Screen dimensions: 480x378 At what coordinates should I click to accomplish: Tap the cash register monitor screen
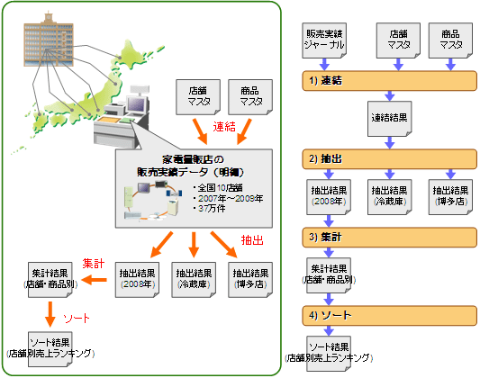[x=136, y=104]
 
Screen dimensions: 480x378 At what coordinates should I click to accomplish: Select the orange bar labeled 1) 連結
[x=389, y=81]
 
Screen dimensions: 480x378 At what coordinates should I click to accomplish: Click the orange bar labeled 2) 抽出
[x=389, y=159]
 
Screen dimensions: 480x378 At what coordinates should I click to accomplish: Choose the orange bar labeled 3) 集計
[x=389, y=238]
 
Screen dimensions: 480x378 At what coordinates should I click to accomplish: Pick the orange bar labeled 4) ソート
[x=389, y=315]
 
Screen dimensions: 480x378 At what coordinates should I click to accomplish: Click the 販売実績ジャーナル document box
[x=324, y=40]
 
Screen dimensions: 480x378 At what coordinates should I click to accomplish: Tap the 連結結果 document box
[x=389, y=119]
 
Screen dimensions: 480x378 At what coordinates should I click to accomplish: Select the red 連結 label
[x=224, y=127]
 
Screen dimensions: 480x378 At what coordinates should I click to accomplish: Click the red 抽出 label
[x=252, y=240]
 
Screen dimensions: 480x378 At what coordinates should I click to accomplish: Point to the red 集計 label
[x=94, y=264]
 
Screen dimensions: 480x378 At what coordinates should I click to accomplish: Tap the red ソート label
[x=77, y=319]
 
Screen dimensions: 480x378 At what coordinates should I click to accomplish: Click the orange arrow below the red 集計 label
[x=94, y=280]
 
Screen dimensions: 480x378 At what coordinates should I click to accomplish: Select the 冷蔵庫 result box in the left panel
[x=194, y=280]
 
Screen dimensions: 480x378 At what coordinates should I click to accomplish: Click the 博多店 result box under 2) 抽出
[x=450, y=197]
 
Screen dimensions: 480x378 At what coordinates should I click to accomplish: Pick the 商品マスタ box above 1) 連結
[x=450, y=40]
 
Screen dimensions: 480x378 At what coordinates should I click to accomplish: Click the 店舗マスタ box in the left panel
[x=198, y=97]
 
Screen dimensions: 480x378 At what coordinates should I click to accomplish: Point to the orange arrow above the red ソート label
[x=50, y=314]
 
